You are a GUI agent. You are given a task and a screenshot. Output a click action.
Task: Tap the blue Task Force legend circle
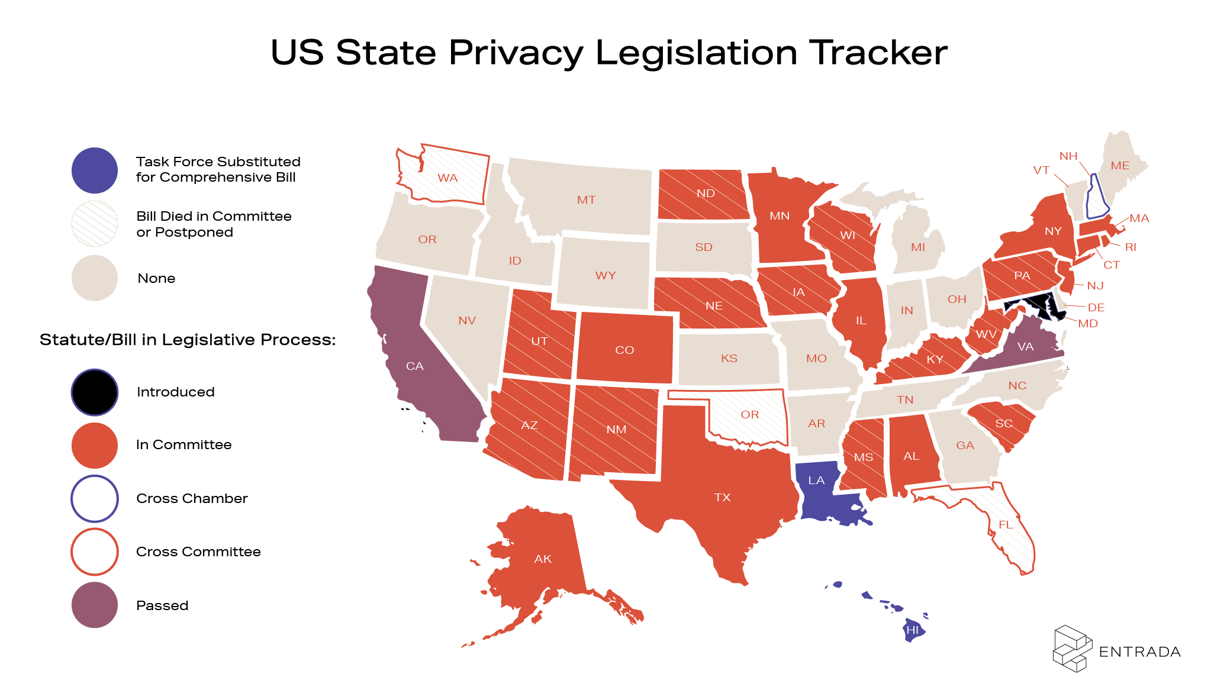coord(95,170)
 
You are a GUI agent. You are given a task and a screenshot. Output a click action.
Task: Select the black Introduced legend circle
coord(95,392)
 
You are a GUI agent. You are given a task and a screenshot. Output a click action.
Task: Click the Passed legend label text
coord(162,605)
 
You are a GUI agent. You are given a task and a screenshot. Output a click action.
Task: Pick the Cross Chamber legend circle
coord(95,498)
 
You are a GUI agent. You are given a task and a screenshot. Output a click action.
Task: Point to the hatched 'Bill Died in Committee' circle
coord(95,224)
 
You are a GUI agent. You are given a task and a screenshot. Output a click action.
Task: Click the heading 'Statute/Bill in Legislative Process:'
coord(188,340)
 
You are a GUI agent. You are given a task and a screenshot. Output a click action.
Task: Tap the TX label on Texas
coord(722,497)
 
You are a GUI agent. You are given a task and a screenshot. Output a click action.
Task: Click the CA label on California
coord(415,366)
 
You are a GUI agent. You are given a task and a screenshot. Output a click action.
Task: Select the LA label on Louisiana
coord(816,480)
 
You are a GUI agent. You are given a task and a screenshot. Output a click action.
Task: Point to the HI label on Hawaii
coord(912,630)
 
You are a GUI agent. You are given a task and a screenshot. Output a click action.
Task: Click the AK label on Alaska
coord(543,559)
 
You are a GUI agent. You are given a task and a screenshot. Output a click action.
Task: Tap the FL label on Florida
coord(1006,524)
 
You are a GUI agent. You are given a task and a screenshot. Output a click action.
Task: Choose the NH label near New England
coord(1068,156)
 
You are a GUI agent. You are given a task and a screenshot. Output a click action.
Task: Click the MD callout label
coord(1088,323)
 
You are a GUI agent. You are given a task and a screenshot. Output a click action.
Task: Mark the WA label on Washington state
coord(447,178)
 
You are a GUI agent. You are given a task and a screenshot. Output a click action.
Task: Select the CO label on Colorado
coord(624,350)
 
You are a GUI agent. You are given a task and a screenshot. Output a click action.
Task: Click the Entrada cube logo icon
coord(1072,649)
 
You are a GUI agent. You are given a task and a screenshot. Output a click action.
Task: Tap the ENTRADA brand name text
coord(1139,652)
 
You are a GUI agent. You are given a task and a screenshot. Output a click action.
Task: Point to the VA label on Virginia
coord(1025,346)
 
